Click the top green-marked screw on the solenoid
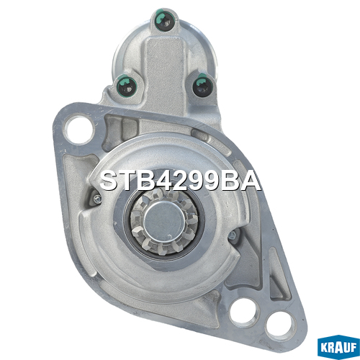165,20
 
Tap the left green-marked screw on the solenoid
127,86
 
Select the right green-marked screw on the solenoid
202,86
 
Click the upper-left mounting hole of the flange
79,130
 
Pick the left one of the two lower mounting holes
244,312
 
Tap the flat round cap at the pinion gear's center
165,221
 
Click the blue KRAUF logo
338,347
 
